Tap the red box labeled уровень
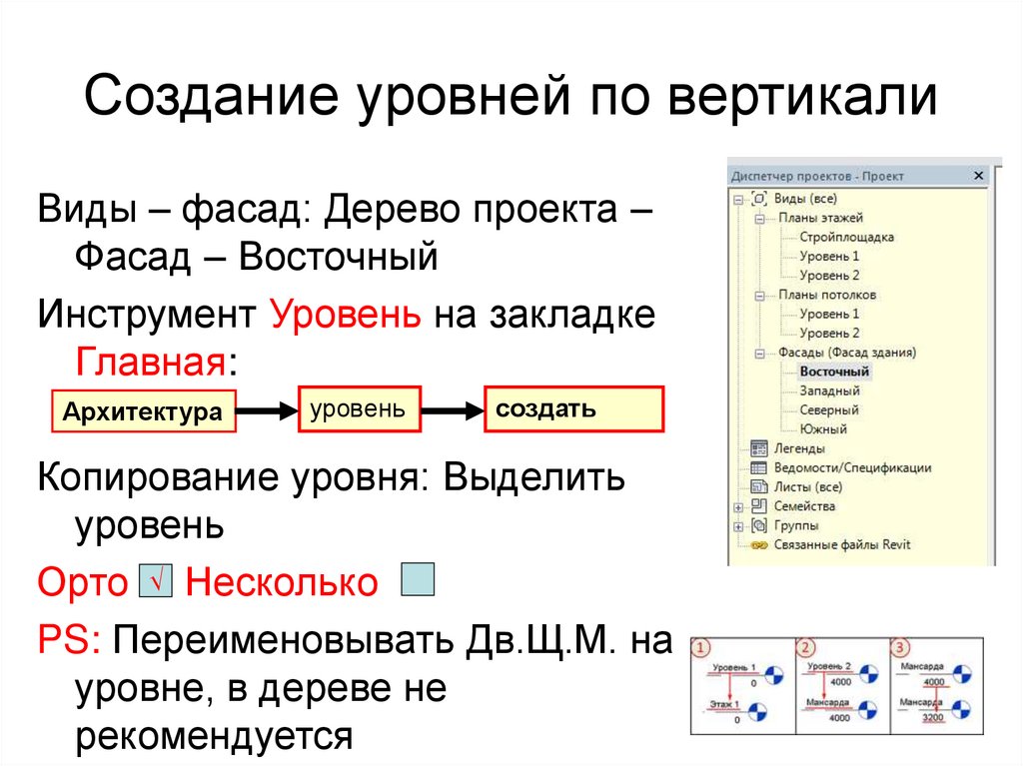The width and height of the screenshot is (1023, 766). (x=359, y=409)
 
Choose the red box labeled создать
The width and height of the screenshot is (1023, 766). (x=573, y=409)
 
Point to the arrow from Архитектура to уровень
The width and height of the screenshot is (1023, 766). (x=268, y=410)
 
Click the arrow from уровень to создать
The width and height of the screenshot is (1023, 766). (x=453, y=410)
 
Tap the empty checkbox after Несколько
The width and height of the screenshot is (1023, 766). (x=417, y=580)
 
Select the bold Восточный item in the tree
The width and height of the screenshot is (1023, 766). (x=834, y=372)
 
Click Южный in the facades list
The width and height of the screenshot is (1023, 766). (x=823, y=428)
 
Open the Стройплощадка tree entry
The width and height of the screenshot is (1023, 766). (x=846, y=237)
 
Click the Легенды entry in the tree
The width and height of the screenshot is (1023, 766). (x=799, y=448)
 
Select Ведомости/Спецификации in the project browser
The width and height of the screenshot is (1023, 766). (x=852, y=467)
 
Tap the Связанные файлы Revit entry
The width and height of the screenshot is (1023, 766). (x=842, y=544)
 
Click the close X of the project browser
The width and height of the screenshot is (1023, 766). (x=978, y=176)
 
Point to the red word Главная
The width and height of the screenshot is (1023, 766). (x=152, y=360)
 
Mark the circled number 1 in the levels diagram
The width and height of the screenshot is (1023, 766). (x=700, y=647)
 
